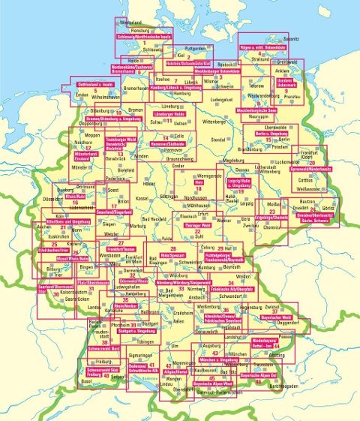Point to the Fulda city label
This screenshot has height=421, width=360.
coord(173,238)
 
